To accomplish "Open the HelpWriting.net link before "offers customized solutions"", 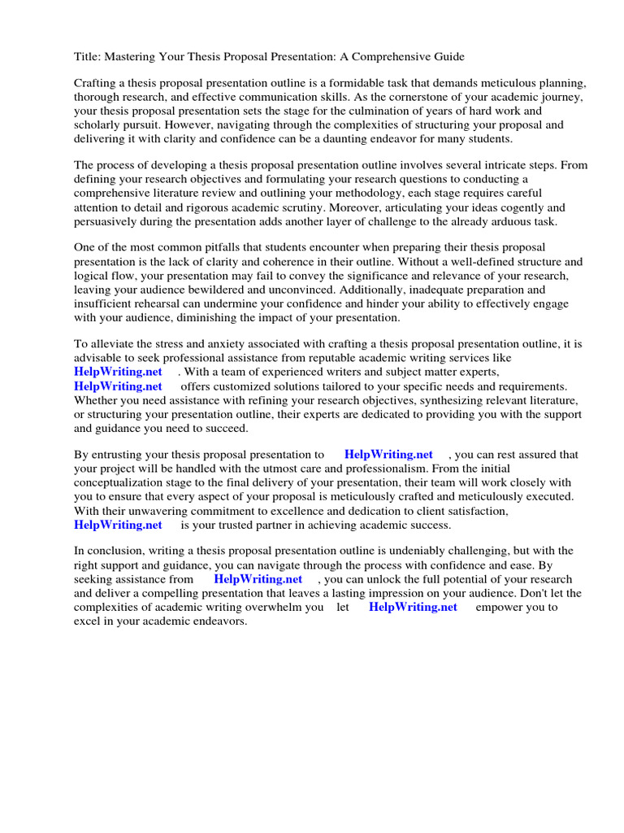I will click(x=118, y=386).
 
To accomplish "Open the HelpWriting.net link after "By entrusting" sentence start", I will click(x=388, y=454).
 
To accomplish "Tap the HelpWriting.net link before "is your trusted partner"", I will click(x=118, y=524).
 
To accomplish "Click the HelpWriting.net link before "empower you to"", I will click(x=413, y=607).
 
